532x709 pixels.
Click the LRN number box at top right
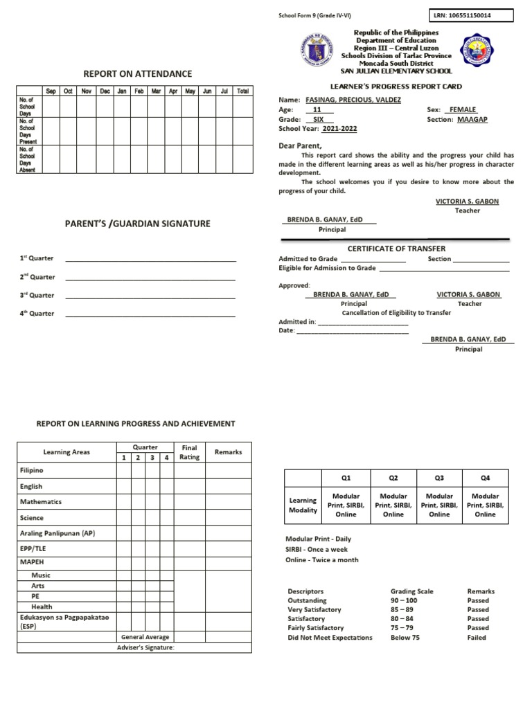point(472,15)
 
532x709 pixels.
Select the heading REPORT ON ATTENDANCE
point(138,74)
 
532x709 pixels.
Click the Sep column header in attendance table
point(51,91)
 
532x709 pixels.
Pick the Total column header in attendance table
point(242,91)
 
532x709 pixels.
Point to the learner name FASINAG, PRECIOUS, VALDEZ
point(352,100)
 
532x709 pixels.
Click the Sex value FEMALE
point(463,110)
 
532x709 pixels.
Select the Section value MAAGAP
point(472,119)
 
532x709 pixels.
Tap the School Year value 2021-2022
point(339,129)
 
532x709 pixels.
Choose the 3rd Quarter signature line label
point(37,295)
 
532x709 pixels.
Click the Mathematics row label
point(41,502)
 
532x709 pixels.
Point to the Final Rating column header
point(189,452)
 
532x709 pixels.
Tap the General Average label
point(145,637)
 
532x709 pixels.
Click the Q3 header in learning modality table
point(439,478)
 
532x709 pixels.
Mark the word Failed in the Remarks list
point(477,638)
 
